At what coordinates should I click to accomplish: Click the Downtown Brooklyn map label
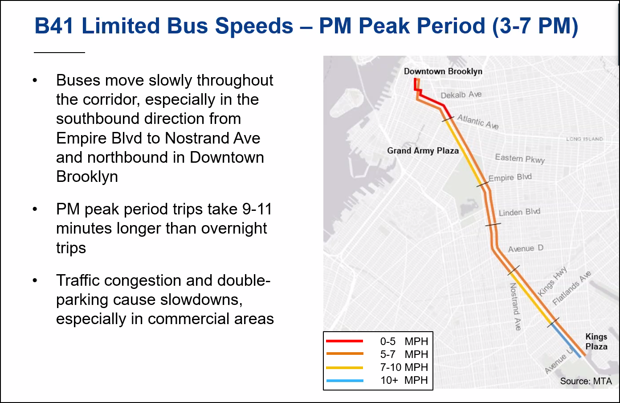point(443,71)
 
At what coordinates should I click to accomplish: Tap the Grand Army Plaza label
point(423,151)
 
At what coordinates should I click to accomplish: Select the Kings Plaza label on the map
point(596,342)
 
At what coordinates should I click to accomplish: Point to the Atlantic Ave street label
point(478,122)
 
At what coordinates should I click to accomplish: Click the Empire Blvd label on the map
point(510,177)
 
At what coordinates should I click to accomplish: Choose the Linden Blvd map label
point(519,212)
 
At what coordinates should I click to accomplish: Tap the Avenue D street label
point(526,248)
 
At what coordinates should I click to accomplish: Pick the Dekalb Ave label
point(461,95)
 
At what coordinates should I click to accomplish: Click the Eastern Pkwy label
point(520,158)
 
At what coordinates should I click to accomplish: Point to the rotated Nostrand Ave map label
point(515,306)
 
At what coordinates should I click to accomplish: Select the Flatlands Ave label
point(572,288)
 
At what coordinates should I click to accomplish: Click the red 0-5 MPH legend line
point(345,341)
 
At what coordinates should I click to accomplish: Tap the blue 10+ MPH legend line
point(345,381)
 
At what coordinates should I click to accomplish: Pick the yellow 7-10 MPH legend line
point(345,368)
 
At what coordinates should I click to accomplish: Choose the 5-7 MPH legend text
point(404,354)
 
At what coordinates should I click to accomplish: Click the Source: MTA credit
point(586,381)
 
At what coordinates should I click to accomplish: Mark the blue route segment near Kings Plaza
point(566,341)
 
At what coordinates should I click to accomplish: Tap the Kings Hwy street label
point(552,281)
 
